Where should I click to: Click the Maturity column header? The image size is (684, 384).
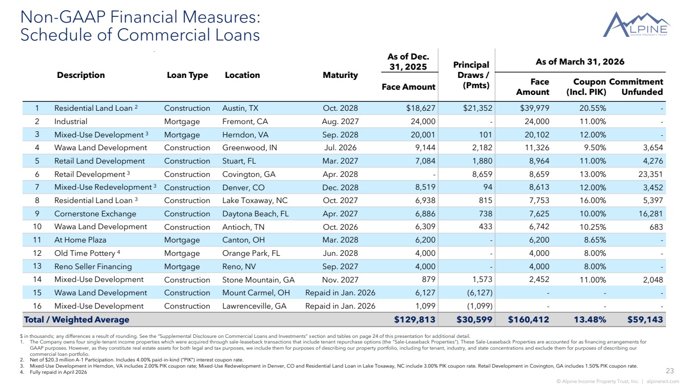340,75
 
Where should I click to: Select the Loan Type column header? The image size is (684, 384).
187,75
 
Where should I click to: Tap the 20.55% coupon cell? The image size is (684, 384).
592,108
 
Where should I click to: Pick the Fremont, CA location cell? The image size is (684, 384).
245,122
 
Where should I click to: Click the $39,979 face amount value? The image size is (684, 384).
534,108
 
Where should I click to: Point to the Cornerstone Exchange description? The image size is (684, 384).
95,213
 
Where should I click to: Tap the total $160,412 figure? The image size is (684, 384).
529,319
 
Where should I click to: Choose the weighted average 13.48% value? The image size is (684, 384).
590,319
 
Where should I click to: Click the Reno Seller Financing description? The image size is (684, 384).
93,267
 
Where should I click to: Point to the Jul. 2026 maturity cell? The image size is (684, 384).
340,148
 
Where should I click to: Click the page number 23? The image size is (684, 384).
670,371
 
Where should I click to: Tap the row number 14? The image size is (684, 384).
37,279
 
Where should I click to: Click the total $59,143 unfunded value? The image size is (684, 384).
645,319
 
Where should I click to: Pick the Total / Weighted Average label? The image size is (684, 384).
76,319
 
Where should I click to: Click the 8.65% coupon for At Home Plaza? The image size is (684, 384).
595,240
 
